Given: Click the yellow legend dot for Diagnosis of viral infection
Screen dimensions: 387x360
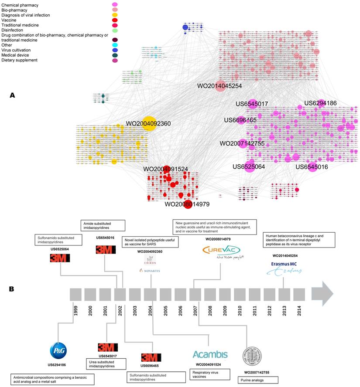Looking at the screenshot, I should point(115,15).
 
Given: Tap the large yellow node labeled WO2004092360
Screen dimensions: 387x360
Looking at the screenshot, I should point(149,123).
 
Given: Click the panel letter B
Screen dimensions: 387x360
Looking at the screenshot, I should point(13,289).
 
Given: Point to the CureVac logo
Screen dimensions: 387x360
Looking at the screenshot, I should point(221,251).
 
